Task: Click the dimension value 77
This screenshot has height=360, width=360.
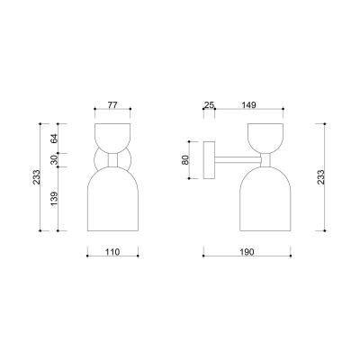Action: (x=112, y=105)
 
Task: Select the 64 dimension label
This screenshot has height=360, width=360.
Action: (x=54, y=139)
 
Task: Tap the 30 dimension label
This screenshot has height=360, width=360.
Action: (x=54, y=160)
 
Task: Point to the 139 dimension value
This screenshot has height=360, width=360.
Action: (x=54, y=199)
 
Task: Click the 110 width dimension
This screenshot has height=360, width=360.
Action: (x=112, y=252)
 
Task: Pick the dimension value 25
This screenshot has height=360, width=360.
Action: (x=209, y=105)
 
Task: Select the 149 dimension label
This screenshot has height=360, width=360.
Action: (x=248, y=105)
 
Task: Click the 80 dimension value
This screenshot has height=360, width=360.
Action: (x=185, y=160)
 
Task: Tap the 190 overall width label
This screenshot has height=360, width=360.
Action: (x=247, y=252)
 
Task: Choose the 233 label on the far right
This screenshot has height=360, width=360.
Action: (x=320, y=177)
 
